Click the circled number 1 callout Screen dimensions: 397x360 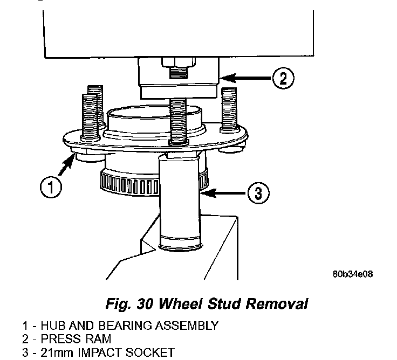tap(51, 188)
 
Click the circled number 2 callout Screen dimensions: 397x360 tap(283, 78)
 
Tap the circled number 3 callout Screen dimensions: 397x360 tap(258, 193)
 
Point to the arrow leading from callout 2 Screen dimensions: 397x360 tap(245, 78)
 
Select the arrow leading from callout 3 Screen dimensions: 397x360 tap(223, 193)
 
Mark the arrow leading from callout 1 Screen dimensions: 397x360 tap(66, 165)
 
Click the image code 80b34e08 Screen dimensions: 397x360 tap(353, 274)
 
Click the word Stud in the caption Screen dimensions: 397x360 tap(224, 303)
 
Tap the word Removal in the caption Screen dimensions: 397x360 tap(277, 303)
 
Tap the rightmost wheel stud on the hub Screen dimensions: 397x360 tap(229, 110)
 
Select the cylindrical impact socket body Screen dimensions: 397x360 tap(180, 203)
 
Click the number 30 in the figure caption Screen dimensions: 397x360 tap(145, 303)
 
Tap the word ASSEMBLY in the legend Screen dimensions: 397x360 tap(187, 326)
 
